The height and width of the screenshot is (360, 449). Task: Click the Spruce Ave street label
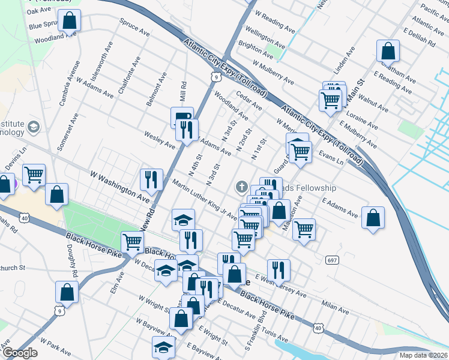point(134,28)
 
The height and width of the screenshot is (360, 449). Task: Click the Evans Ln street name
point(331,158)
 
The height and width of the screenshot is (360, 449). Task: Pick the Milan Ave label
point(335,307)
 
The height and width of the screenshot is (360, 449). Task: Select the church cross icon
point(242,187)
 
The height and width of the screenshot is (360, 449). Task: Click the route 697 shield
point(331,260)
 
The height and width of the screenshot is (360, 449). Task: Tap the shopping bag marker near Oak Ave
point(70,20)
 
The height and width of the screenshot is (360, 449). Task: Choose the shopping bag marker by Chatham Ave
point(388,51)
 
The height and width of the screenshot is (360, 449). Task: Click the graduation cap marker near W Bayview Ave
point(162,347)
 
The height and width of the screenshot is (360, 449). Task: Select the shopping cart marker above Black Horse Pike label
point(132,242)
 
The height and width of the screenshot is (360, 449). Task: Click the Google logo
point(19,353)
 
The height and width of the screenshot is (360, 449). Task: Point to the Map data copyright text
point(424,355)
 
